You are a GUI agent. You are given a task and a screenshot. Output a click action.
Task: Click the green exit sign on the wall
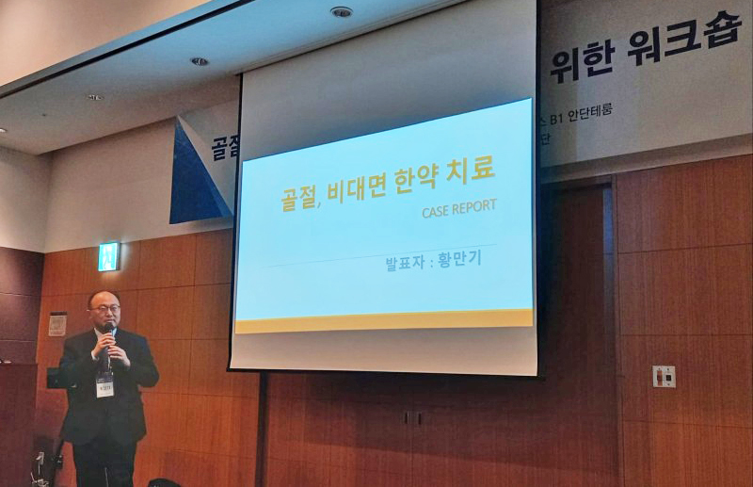(x=108, y=256)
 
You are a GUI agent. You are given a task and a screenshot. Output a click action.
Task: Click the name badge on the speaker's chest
(x=104, y=381)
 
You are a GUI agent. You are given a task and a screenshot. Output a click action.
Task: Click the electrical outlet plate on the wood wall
(x=664, y=376)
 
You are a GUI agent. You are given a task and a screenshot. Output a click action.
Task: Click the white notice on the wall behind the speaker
(x=58, y=324)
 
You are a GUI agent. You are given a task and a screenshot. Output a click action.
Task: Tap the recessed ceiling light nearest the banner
(x=341, y=11)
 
